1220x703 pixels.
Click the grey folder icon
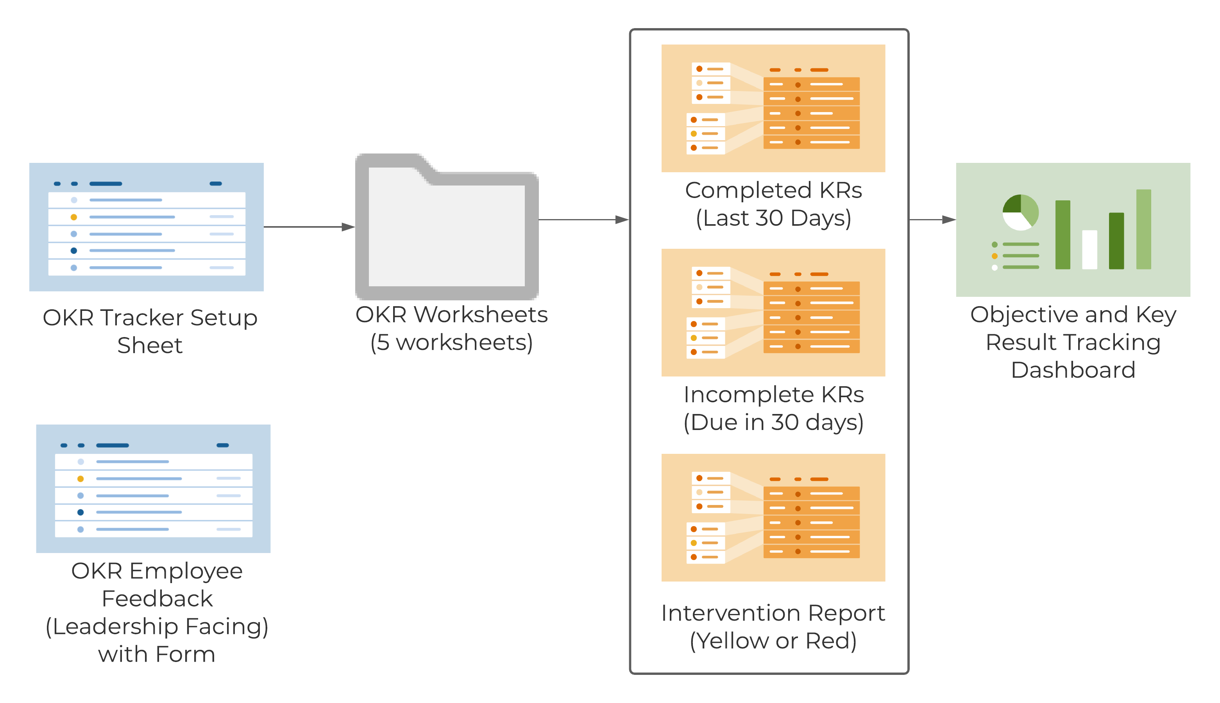(447, 227)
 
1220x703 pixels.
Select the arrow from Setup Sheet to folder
(309, 227)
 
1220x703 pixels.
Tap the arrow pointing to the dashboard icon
(932, 219)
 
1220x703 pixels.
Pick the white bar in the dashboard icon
(1089, 250)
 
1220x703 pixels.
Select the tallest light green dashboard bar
(1144, 229)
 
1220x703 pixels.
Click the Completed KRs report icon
(773, 108)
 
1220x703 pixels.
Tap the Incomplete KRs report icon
(773, 312)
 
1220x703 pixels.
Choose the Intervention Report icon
(773, 517)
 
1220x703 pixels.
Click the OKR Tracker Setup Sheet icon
(146, 227)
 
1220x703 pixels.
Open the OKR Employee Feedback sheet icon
(153, 489)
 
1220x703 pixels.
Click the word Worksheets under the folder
(481, 315)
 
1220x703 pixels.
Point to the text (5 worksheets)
(452, 343)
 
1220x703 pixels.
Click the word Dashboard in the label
(1073, 370)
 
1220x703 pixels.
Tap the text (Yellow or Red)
(773, 641)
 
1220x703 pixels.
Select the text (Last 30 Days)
(773, 218)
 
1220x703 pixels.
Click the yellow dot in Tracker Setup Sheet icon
(74, 217)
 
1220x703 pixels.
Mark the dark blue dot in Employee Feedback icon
(80, 512)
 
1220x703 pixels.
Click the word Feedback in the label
(157, 599)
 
